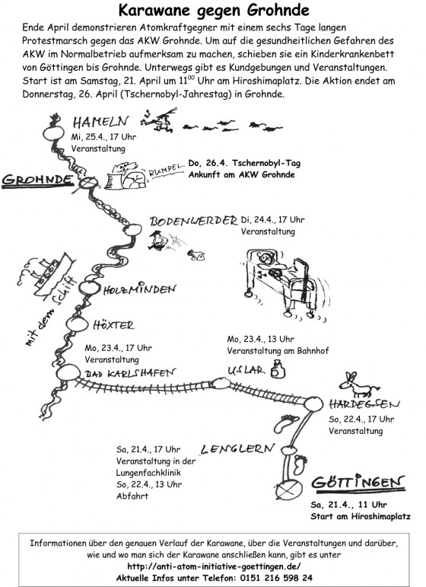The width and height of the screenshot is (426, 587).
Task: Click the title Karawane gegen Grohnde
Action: point(214,10)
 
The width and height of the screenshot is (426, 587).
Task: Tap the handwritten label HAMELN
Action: point(100,121)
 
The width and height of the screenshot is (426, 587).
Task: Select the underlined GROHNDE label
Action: point(37,180)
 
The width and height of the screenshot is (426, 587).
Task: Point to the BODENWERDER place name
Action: point(193,221)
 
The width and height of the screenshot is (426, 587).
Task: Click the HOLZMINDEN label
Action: point(139,289)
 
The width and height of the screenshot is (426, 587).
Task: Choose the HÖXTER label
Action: point(113,324)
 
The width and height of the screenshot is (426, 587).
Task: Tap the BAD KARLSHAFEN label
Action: point(130,373)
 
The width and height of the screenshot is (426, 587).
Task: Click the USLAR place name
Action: point(246,370)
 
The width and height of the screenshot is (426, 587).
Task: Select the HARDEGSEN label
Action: point(364,404)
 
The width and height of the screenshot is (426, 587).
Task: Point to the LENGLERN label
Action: point(237,449)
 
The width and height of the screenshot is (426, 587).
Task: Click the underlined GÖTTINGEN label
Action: point(358,482)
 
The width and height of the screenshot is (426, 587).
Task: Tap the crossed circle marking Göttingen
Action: point(288,489)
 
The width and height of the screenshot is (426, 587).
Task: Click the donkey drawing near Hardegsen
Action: point(358,385)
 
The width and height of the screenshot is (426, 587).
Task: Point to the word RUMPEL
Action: point(166,170)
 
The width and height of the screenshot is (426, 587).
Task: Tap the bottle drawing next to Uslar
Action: point(278,369)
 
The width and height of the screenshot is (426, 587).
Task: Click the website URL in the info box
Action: point(214,566)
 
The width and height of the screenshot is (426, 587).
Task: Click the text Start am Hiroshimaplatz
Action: point(360,516)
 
